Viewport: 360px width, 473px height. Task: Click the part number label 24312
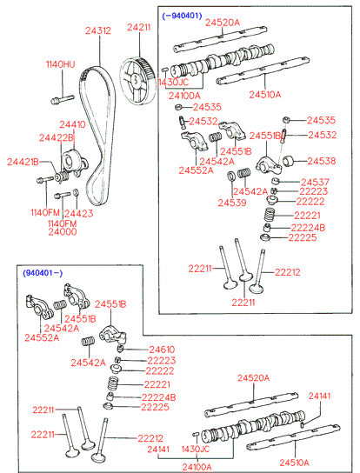97,30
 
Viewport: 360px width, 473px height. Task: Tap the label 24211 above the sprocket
139,27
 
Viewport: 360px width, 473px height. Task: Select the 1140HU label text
60,64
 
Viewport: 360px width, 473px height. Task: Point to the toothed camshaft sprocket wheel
137,80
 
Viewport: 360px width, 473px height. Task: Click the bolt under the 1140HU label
62,99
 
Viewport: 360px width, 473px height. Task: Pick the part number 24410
72,124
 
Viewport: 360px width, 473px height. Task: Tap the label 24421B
23,162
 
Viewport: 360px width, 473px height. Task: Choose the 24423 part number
78,213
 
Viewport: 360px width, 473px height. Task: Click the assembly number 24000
63,231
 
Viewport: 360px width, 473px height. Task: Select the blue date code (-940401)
182,16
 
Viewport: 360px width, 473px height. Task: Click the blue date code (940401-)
43,273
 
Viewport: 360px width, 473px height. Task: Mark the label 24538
322,161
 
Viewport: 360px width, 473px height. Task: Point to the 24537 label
315,182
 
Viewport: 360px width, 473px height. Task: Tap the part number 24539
232,203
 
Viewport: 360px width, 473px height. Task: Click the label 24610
162,350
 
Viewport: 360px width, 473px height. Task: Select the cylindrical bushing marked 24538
289,161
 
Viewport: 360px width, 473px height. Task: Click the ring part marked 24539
231,177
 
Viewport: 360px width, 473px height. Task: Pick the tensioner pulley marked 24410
72,160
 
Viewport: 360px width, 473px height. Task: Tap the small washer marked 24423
77,192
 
